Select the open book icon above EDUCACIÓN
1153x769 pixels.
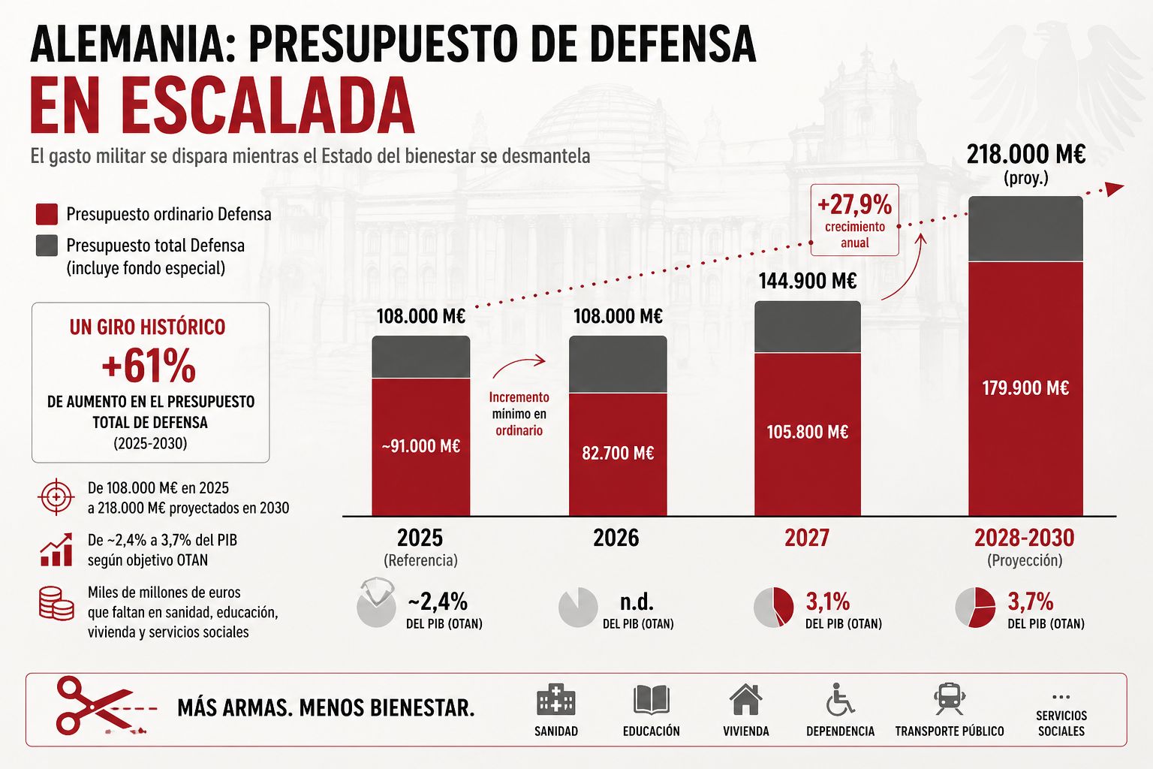(651, 700)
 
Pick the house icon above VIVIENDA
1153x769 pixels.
(746, 699)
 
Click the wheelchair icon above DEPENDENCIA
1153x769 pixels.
(840, 699)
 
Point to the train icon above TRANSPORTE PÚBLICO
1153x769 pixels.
(950, 699)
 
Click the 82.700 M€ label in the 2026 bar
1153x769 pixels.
(618, 453)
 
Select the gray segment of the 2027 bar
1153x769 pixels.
(808, 327)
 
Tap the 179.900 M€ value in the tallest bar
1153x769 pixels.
(1025, 388)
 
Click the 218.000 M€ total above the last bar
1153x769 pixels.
(1026, 154)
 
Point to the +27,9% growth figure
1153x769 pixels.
(854, 204)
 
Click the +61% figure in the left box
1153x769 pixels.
(149, 366)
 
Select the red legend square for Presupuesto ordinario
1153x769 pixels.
(47, 214)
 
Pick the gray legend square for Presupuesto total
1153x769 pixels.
(47, 245)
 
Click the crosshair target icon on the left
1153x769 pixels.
(56, 497)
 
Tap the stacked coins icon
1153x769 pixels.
(56, 603)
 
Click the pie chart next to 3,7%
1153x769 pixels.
(975, 608)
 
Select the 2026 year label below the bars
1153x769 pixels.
(616, 538)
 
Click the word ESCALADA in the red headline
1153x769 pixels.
(269, 106)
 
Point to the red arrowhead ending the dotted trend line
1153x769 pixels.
(1115, 189)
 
